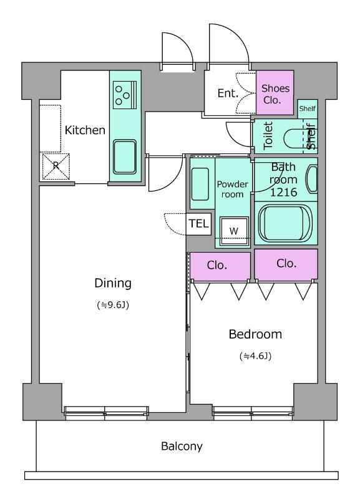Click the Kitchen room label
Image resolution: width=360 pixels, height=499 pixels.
tap(85, 130)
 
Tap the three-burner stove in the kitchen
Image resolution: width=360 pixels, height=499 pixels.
tap(125, 95)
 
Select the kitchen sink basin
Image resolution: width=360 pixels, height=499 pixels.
tap(125, 157)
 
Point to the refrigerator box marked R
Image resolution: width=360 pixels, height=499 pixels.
tap(56, 166)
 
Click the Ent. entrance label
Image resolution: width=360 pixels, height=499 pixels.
tap(228, 93)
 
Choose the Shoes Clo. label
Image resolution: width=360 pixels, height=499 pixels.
tap(275, 94)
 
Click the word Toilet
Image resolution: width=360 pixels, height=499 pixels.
tap(268, 135)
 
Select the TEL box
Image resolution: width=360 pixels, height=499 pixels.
tap(198, 224)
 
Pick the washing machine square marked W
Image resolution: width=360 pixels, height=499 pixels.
tap(234, 231)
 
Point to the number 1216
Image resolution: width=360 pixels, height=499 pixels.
tap(283, 192)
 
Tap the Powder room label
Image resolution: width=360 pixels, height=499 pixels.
tap(232, 189)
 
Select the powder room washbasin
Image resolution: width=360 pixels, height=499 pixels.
tap(200, 184)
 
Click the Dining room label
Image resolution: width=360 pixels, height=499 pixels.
tap(113, 283)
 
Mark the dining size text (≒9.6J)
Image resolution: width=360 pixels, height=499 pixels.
tap(113, 305)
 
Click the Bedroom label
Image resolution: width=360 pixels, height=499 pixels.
tap(255, 334)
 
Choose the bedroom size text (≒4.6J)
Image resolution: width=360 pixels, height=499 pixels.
tap(255, 356)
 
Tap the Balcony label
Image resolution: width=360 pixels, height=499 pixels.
tap(182, 447)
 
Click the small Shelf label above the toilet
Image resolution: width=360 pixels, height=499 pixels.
tap(307, 109)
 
